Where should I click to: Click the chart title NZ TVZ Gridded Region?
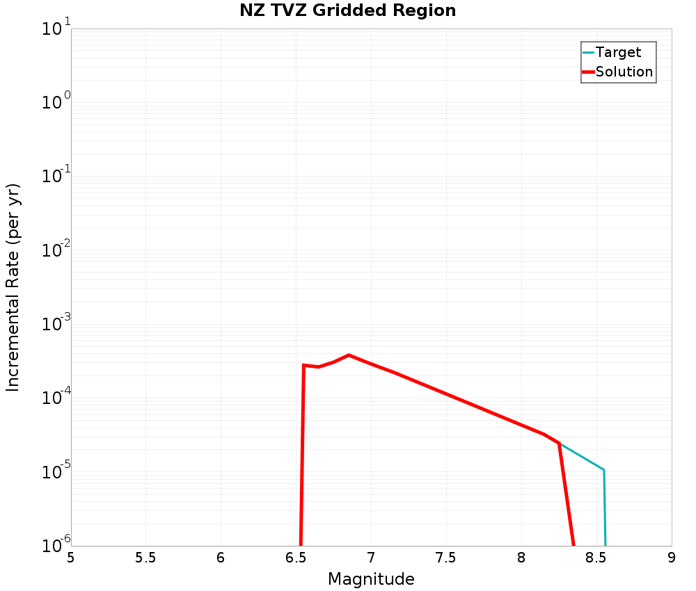347,11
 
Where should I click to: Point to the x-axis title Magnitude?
371,579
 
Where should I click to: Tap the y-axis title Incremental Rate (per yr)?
13,287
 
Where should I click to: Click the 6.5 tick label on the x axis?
296,558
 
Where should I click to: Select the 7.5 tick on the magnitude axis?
445,558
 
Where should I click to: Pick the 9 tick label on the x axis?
671,558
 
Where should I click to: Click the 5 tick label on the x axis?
71,558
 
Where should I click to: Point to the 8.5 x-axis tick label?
596,558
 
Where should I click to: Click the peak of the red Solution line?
349,355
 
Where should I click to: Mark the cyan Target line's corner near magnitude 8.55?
603,470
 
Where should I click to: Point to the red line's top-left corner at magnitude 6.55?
303,365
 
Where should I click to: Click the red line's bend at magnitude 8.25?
559,443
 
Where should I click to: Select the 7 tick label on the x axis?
371,558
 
